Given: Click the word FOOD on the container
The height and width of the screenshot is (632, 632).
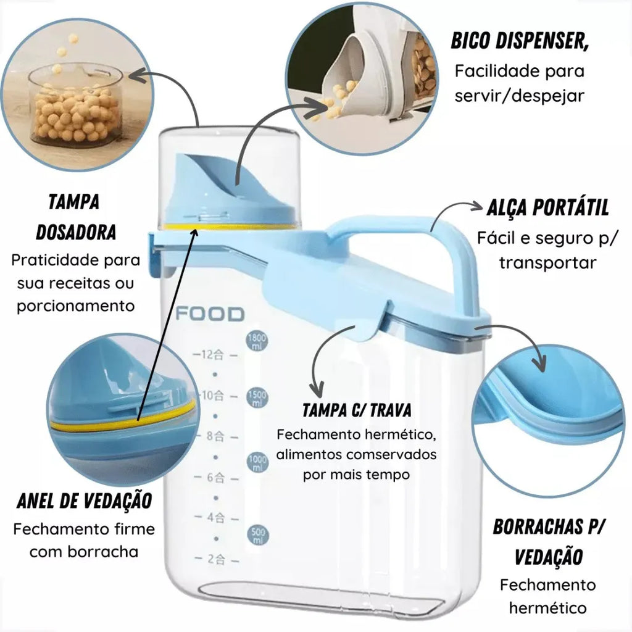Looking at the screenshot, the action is coord(210,314).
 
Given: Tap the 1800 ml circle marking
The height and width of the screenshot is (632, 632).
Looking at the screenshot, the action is coord(257,341).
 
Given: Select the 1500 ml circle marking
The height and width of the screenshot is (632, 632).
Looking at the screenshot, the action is coord(257,397).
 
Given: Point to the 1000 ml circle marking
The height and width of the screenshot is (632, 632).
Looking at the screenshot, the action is coord(257,462).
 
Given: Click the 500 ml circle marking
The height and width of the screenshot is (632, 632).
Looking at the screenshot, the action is coord(257,535).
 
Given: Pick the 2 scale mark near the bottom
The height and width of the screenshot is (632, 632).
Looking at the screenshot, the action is coord(217,559).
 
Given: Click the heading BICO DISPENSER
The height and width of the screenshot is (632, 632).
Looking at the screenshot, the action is coord(520,41).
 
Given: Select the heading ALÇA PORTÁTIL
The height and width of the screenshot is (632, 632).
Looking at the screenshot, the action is coord(548,207).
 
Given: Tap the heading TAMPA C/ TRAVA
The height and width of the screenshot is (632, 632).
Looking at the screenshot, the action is coord(357,410).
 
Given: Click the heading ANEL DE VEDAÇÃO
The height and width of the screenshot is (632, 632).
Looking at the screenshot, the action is coord(84,501).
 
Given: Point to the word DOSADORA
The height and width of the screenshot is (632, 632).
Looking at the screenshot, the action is coord(76,232).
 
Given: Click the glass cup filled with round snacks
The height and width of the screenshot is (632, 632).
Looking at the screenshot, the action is coord(75,105).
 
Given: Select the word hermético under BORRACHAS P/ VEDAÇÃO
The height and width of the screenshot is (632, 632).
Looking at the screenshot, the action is coord(548,607).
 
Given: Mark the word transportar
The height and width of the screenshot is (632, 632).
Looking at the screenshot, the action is coord(548,263).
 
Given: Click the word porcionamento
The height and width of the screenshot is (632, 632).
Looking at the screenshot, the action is coord(75,306).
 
